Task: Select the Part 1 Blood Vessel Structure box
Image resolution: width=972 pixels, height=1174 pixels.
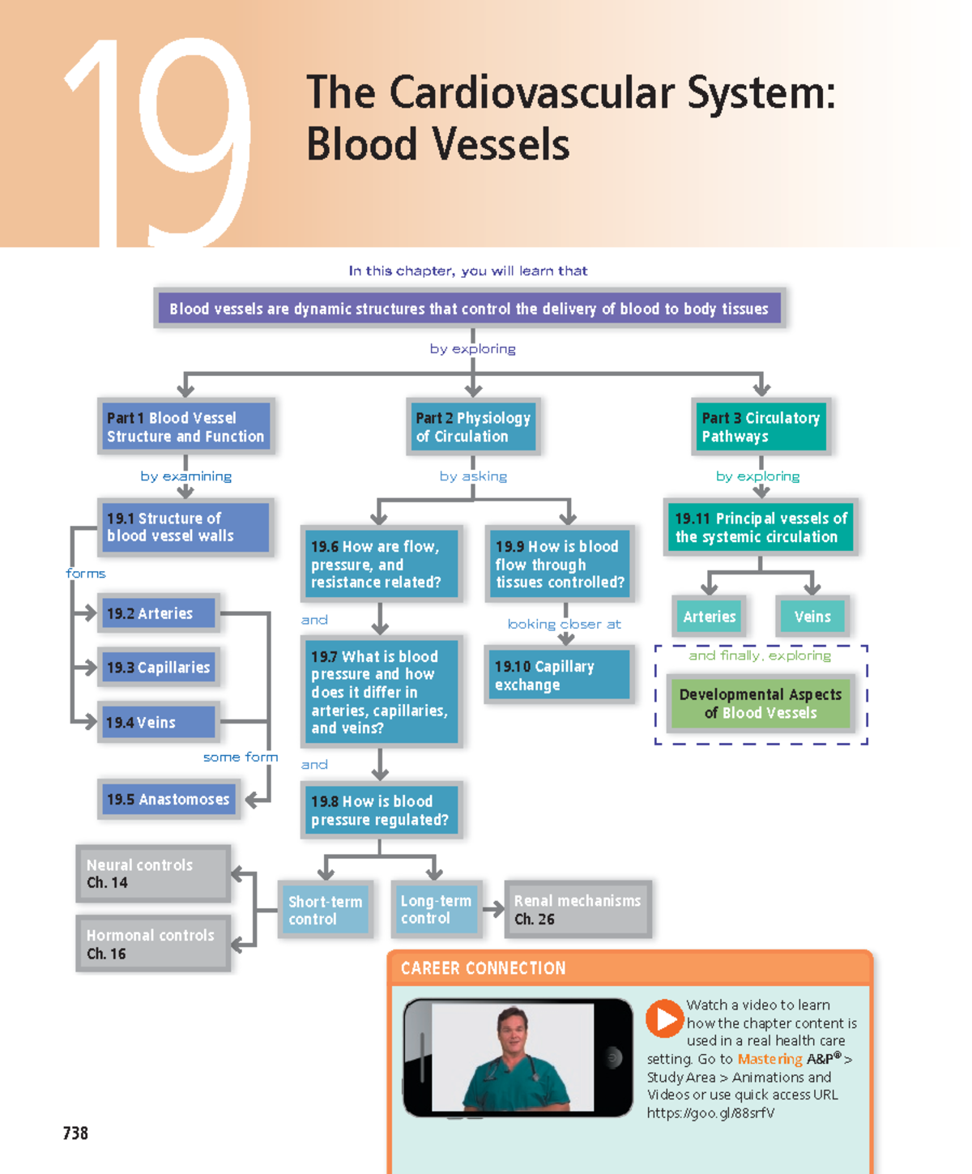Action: [185, 427]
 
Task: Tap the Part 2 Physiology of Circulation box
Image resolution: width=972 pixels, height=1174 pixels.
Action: [473, 427]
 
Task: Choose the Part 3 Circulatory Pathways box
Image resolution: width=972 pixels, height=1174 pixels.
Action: [761, 427]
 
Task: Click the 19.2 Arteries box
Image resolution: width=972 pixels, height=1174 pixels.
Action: [158, 613]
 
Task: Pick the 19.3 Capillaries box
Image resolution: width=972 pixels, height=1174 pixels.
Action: [158, 668]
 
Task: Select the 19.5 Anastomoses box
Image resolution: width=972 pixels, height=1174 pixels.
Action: [168, 800]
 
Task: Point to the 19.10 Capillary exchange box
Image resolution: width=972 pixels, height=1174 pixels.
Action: [558, 675]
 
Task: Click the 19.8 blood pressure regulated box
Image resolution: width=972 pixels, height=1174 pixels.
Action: [380, 810]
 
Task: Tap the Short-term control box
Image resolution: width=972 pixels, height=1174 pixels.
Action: [325, 910]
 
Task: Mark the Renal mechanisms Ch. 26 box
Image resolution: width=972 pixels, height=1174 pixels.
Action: [578, 909]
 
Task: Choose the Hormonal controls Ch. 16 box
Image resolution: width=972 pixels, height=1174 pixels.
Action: [152, 944]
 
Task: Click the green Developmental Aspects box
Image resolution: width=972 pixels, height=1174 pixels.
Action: [760, 703]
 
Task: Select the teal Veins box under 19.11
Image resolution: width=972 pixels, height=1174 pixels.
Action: [812, 617]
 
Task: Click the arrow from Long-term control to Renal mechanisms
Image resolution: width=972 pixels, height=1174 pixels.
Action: [493, 910]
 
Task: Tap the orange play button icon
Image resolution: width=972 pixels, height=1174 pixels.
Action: [664, 1018]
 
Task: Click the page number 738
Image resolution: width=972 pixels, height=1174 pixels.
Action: [75, 1133]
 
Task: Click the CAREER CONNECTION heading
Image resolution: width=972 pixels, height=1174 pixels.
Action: [483, 968]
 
